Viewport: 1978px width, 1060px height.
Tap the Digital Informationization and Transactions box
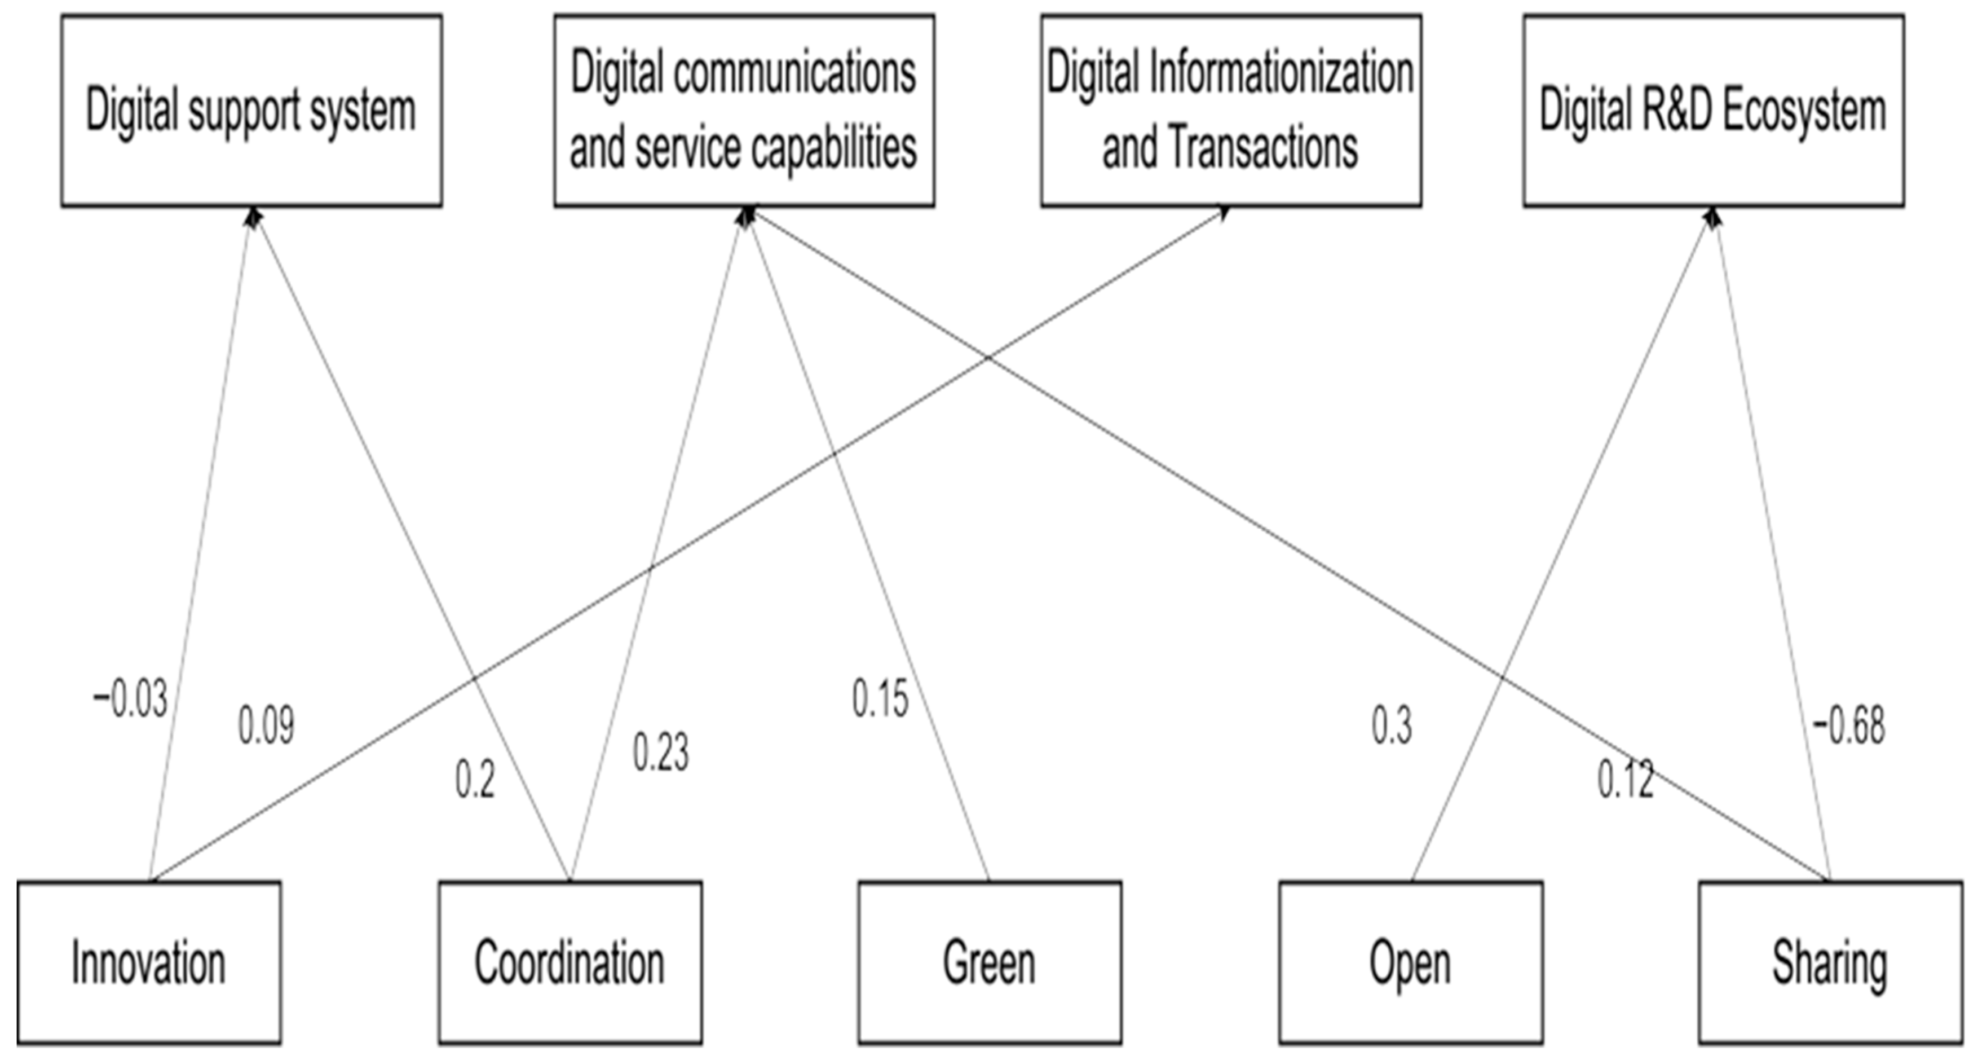[x=1230, y=110]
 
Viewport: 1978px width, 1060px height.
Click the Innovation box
[x=149, y=962]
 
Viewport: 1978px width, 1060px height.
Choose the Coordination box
[x=569, y=962]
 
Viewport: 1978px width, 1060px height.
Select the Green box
[x=989, y=962]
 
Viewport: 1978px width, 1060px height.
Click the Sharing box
[x=1830, y=962]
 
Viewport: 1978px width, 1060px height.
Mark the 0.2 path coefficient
[x=475, y=780]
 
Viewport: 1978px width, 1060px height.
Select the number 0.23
[x=660, y=752]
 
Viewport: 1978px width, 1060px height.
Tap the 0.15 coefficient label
[x=880, y=700]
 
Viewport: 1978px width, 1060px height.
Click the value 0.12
[x=1625, y=780]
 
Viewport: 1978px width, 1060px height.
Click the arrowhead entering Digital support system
[x=253, y=217]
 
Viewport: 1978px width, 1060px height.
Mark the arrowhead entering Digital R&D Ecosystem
[x=1712, y=217]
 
